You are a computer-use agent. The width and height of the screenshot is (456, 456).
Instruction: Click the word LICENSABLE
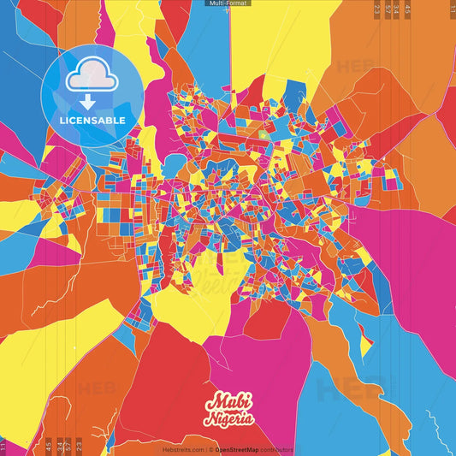click(92, 120)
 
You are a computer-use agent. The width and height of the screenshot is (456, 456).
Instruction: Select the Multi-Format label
click(228, 3)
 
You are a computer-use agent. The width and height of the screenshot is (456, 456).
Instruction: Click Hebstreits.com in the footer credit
click(182, 449)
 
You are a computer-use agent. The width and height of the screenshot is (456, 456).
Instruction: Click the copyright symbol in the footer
click(207, 449)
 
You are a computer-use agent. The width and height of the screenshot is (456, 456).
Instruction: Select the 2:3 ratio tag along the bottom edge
click(79, 445)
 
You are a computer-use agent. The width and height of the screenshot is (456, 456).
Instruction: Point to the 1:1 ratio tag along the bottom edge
click(3, 445)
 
